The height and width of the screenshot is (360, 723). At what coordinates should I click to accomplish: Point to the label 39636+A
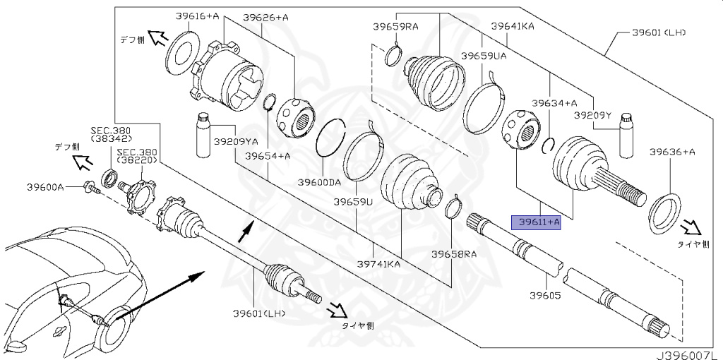tap(672, 151)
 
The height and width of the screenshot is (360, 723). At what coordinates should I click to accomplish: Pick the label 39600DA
tap(318, 182)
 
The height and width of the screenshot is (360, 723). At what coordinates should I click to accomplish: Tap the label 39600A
tap(45, 187)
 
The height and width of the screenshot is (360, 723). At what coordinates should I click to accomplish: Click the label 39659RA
tap(395, 27)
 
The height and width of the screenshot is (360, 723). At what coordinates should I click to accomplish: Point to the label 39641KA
tap(513, 27)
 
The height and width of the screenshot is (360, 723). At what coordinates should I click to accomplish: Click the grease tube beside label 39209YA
tap(203, 135)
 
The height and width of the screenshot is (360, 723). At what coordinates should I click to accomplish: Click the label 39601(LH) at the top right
tap(659, 32)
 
